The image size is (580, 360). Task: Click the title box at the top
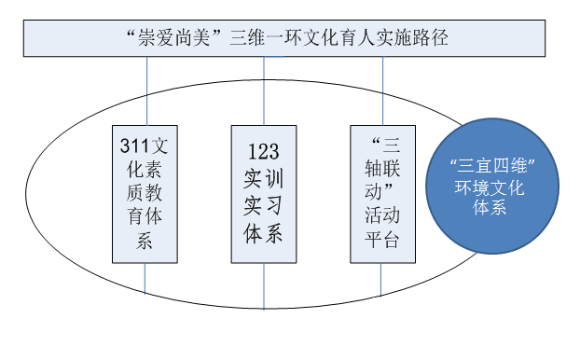290,38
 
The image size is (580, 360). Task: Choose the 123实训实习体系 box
263,192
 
